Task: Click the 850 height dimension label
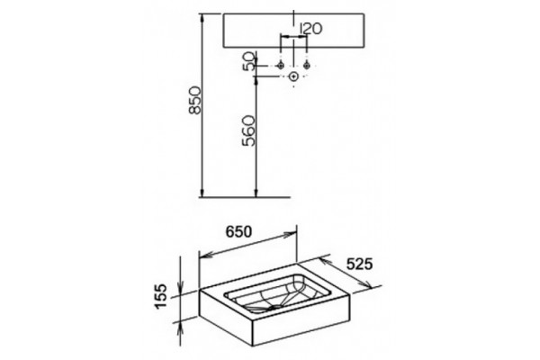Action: pyautogui.click(x=194, y=100)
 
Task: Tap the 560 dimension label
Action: pyautogui.click(x=248, y=130)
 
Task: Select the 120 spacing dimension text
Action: pyautogui.click(x=311, y=29)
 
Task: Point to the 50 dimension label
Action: pyautogui.click(x=250, y=60)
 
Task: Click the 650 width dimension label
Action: pyautogui.click(x=238, y=232)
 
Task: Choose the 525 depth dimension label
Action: pyautogui.click(x=359, y=265)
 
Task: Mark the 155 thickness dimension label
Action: pyautogui.click(x=161, y=296)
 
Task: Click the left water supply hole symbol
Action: pyautogui.click(x=281, y=65)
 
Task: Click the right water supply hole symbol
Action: pyautogui.click(x=307, y=65)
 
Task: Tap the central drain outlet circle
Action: pyautogui.click(x=293, y=76)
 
